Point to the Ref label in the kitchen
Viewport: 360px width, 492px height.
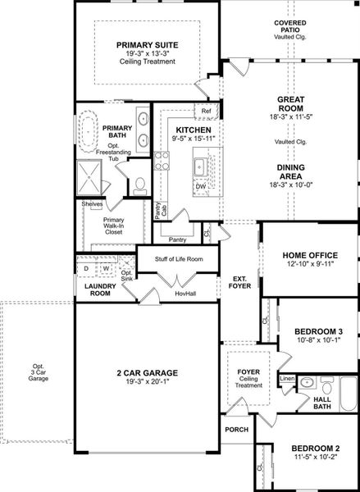click(207, 111)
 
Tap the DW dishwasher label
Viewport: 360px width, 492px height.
click(200, 186)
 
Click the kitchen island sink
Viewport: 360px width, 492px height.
click(199, 166)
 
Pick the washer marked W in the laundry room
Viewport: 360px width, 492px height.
click(106, 267)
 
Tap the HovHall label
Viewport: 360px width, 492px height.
click(185, 293)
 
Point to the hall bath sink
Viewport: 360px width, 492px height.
click(308, 382)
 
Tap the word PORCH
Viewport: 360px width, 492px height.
click(236, 429)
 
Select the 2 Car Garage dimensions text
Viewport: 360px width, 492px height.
click(148, 382)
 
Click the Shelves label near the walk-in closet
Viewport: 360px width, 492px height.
click(90, 204)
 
